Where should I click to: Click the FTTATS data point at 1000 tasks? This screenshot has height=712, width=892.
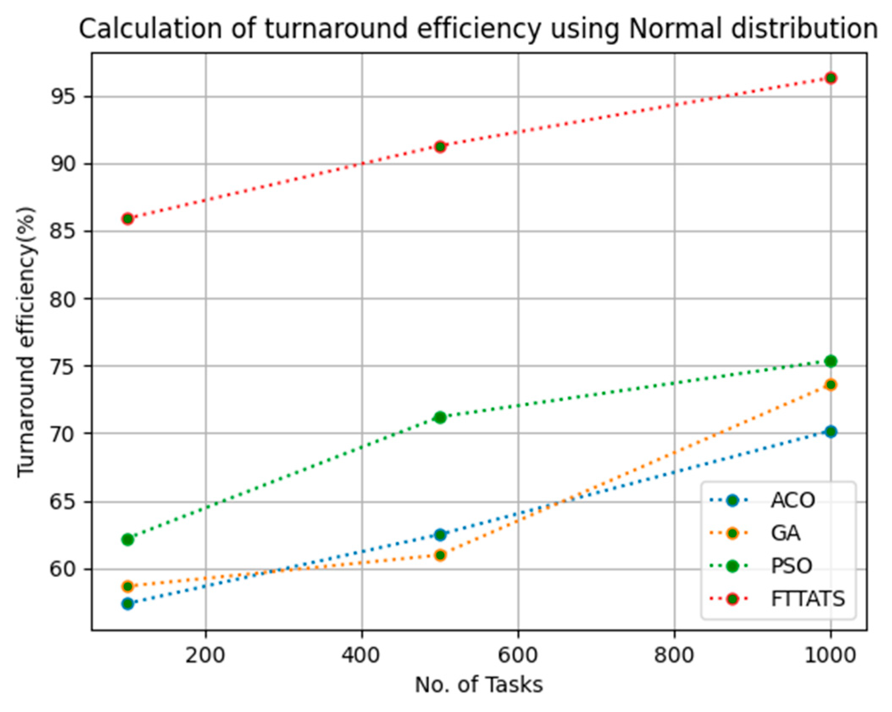click(x=830, y=78)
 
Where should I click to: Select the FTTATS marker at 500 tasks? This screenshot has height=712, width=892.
click(x=440, y=147)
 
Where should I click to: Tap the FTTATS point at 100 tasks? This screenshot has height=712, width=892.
click(x=127, y=219)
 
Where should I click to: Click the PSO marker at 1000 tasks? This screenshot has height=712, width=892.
click(x=830, y=361)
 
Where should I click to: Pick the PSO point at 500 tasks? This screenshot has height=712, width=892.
click(x=440, y=417)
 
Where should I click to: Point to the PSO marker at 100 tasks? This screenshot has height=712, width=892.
click(x=127, y=540)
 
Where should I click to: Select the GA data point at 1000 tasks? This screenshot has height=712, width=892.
click(x=830, y=385)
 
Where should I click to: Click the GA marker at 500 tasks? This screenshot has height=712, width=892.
click(x=440, y=555)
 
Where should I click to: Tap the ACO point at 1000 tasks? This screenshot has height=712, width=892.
click(x=830, y=432)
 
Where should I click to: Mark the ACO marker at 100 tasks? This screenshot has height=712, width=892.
click(x=127, y=604)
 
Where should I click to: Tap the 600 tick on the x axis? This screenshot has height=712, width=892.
click(x=518, y=655)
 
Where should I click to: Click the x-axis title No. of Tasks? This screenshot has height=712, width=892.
click(x=479, y=685)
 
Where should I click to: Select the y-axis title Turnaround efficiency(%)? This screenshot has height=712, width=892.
click(x=26, y=342)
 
